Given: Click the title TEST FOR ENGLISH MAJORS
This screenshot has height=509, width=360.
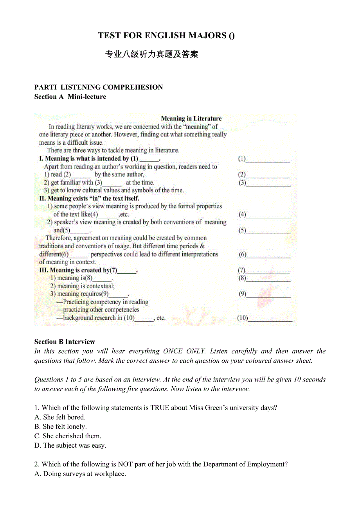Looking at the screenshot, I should click(x=166, y=36).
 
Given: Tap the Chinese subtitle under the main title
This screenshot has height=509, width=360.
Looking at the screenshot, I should click(x=152, y=54).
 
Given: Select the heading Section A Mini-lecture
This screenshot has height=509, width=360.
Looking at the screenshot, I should click(x=70, y=97).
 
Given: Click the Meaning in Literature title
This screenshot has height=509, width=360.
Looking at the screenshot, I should click(x=191, y=118).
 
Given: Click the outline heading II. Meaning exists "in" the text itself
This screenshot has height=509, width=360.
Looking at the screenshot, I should click(x=89, y=198).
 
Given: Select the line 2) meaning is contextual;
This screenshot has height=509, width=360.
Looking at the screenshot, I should click(x=83, y=286).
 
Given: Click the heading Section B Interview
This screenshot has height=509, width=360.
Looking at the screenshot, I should click(x=65, y=342).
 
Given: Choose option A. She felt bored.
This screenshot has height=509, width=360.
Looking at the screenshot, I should click(x=60, y=417).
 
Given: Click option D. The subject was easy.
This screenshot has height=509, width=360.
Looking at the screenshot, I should click(x=70, y=445).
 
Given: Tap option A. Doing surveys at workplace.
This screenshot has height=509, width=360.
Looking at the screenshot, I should click(x=80, y=474).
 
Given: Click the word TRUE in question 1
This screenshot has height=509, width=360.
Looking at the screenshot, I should click(x=159, y=408).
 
